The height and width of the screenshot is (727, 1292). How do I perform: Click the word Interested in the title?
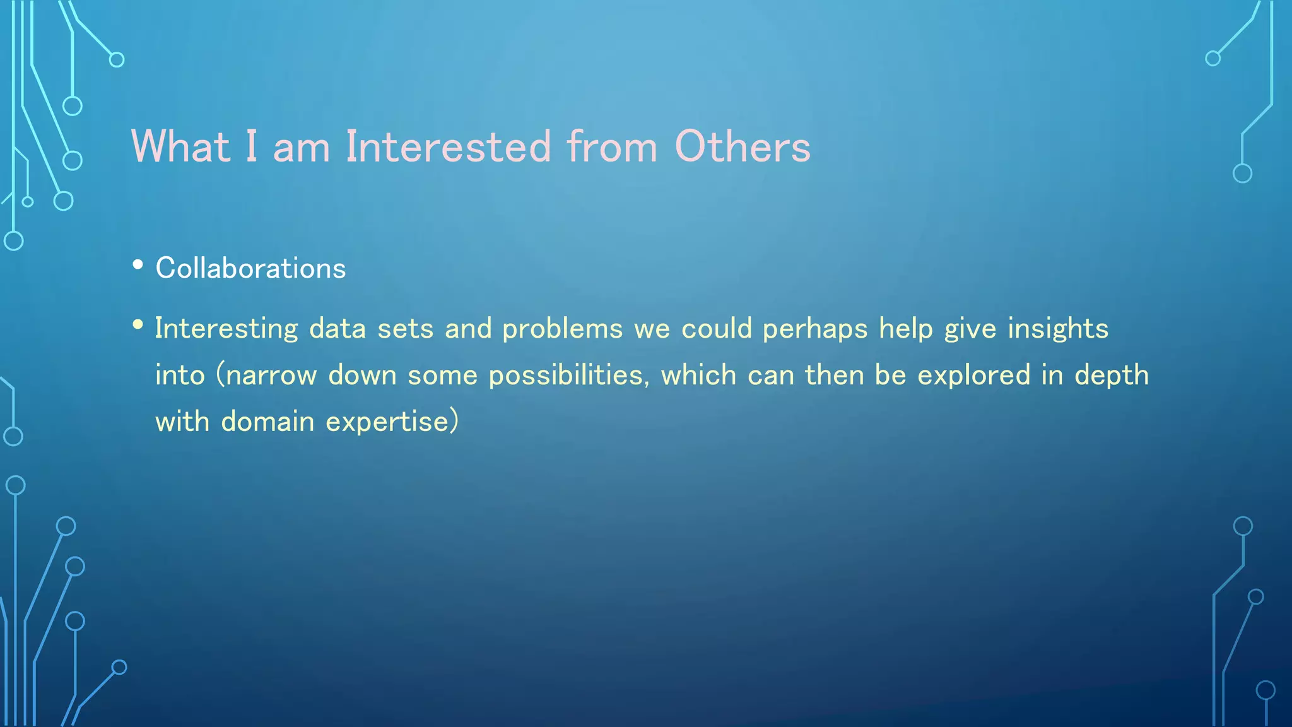(449, 146)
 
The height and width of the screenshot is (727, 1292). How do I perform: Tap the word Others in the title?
(743, 146)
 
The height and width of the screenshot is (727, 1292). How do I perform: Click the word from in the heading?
(612, 146)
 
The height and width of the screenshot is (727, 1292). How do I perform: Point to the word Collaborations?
(250, 268)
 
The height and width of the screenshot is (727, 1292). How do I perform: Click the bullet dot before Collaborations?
(138, 266)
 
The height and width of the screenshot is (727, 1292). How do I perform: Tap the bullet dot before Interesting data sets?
(138, 325)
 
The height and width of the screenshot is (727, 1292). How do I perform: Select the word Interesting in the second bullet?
(226, 329)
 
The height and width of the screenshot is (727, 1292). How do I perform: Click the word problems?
(563, 329)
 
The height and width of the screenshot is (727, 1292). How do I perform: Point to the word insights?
(1058, 329)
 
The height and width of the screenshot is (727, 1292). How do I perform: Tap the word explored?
(973, 375)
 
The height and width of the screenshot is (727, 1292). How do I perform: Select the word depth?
(1112, 375)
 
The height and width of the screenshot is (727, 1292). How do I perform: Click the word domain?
(267, 422)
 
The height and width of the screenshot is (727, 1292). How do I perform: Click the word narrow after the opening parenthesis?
(271, 375)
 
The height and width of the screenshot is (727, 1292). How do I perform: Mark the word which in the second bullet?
(698, 375)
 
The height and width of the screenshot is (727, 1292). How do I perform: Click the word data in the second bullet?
(338, 329)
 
